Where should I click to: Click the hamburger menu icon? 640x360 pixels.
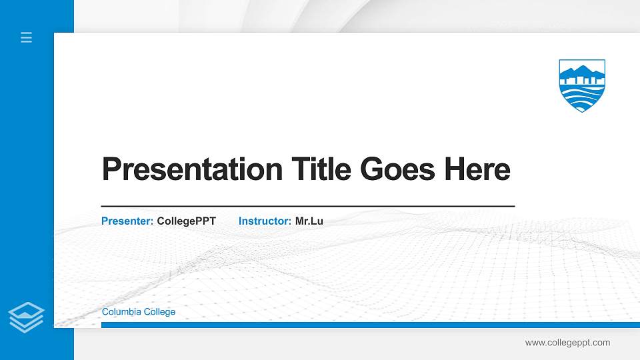[x=27, y=37]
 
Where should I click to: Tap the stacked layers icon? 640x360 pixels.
[x=27, y=317]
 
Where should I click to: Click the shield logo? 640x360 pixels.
[x=582, y=85]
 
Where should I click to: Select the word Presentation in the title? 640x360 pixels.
[x=191, y=169]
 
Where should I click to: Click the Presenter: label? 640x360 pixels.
[x=127, y=221]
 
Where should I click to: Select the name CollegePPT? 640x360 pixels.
[x=187, y=221]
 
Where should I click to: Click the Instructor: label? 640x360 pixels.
[x=265, y=221]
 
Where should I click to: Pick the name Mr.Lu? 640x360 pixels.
[x=309, y=221]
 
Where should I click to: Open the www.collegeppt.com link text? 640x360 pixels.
[x=567, y=343]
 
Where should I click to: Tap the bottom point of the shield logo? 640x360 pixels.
[x=582, y=110]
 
